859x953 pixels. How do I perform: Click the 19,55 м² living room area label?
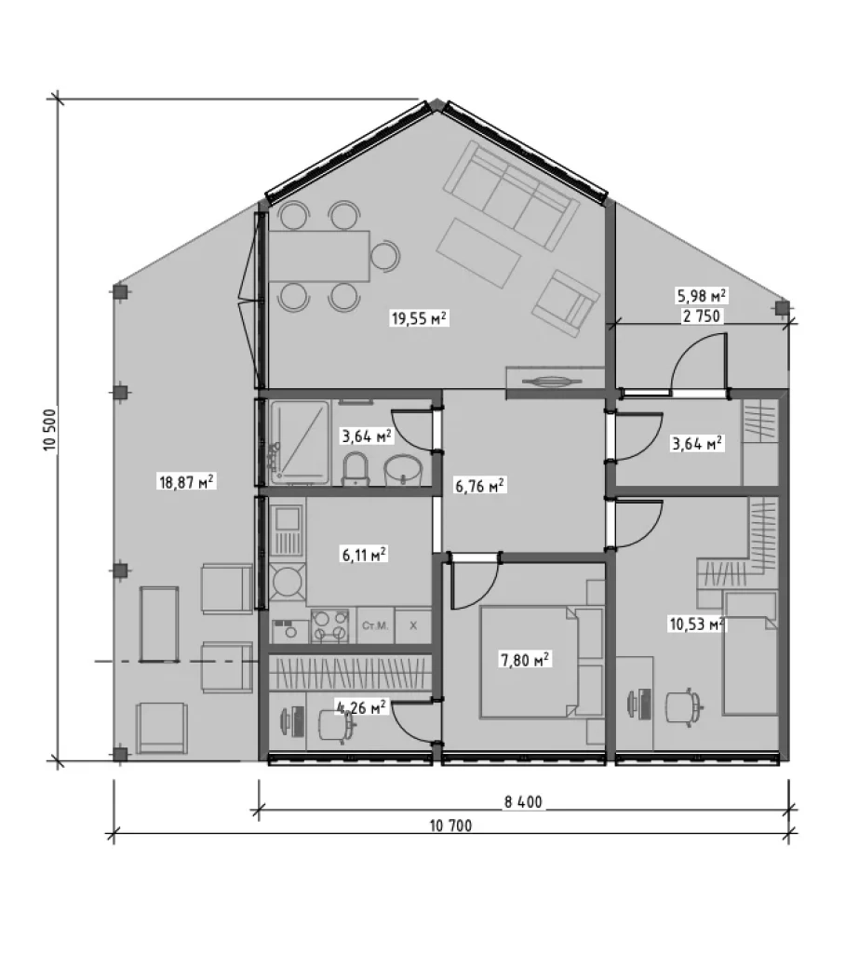click(420, 318)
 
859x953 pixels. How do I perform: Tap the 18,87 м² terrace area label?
click(187, 482)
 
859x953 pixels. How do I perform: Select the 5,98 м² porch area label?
click(702, 296)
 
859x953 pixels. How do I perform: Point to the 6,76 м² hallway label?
click(480, 485)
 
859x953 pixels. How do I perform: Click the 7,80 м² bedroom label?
click(525, 660)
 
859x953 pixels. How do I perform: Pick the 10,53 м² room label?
click(696, 624)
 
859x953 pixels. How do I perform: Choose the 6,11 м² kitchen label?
click(364, 555)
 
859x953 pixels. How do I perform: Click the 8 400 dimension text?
click(523, 801)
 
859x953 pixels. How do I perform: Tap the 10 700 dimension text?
click(450, 825)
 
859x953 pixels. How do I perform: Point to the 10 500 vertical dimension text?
click(50, 430)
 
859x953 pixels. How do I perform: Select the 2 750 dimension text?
click(702, 316)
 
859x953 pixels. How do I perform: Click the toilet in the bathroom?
click(356, 470)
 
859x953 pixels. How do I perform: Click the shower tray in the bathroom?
click(300, 442)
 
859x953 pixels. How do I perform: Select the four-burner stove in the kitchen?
click(329, 626)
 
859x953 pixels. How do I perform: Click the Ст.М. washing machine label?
click(374, 625)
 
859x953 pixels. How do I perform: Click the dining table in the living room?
click(320, 256)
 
